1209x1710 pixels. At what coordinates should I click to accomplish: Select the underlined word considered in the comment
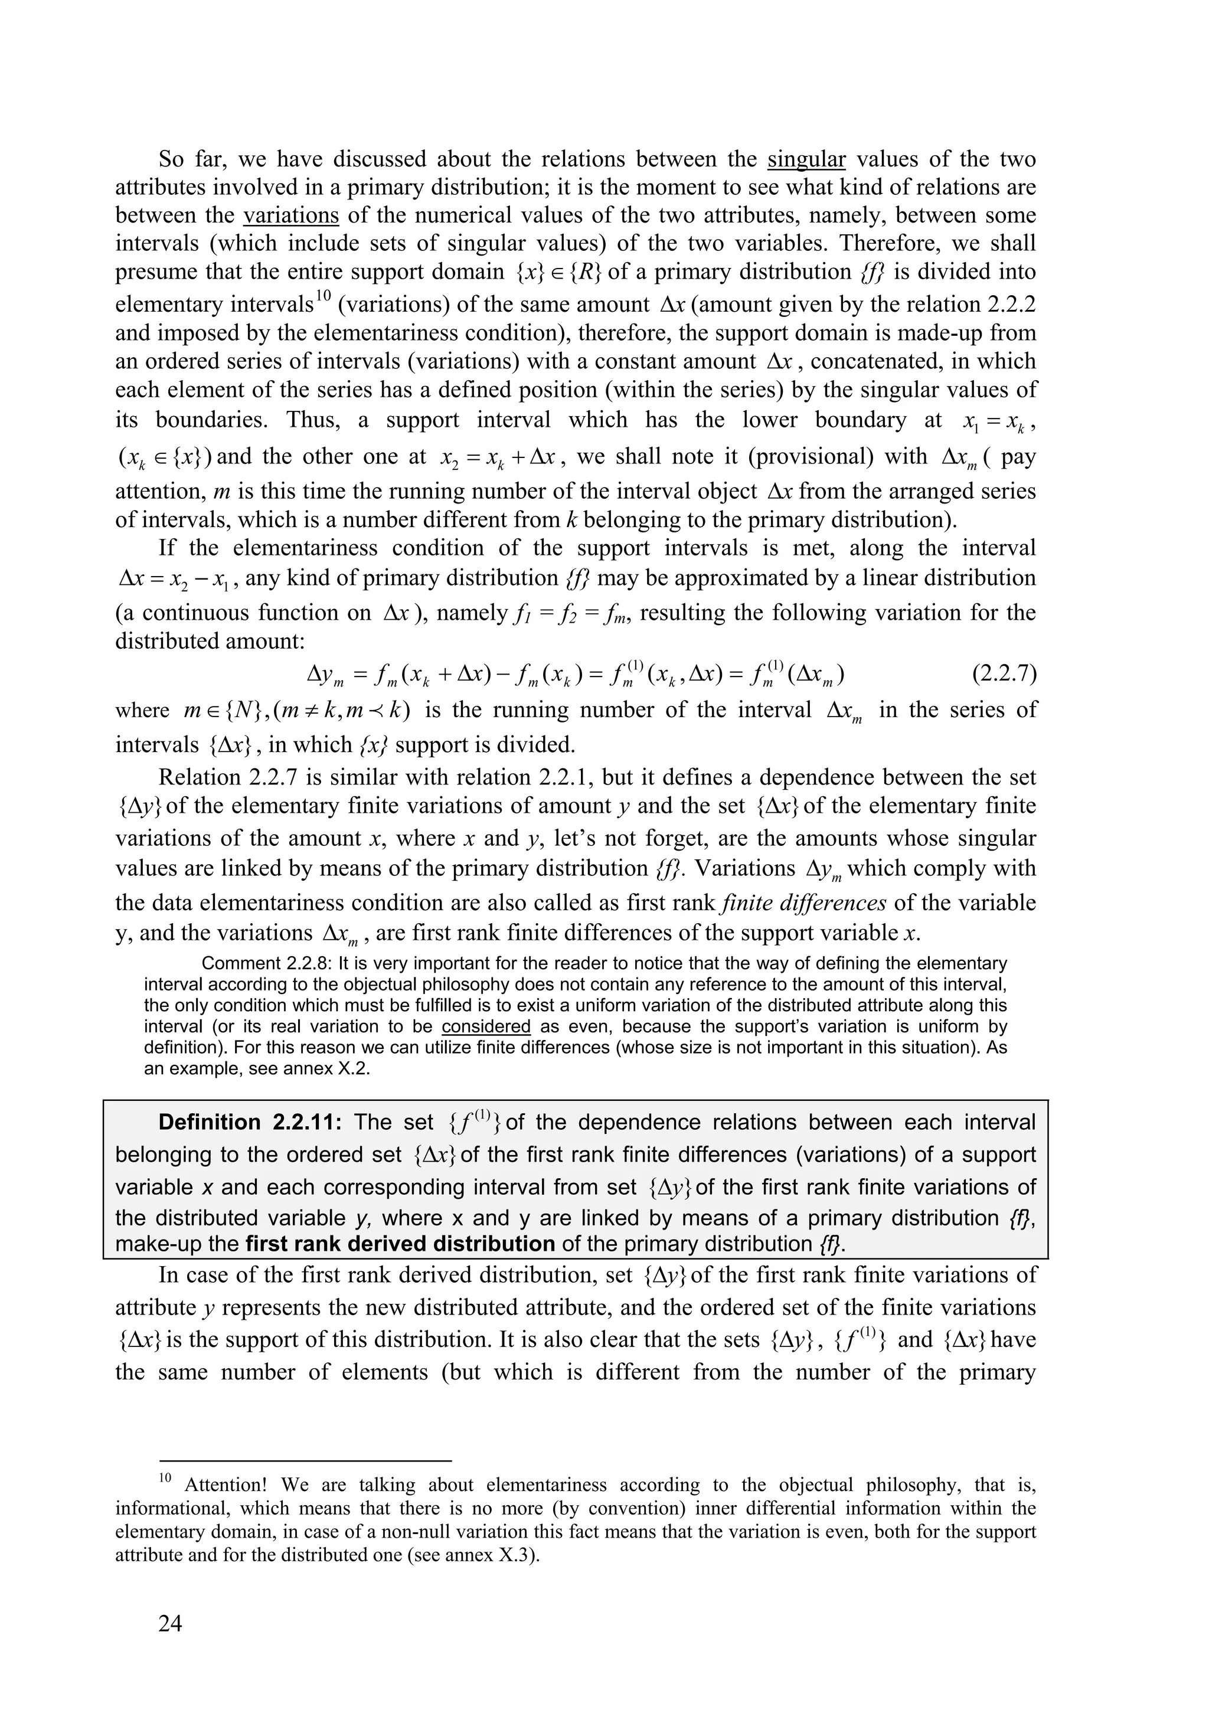coord(486,1026)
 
